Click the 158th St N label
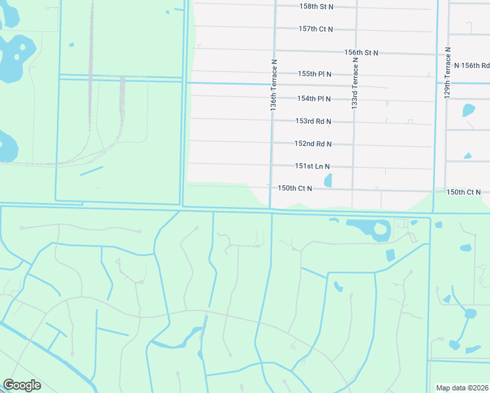316,6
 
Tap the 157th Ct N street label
316,29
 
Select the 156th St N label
361,52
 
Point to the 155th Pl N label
314,74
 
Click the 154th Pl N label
314,98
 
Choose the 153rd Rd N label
313,121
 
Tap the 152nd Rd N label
313,143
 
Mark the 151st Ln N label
312,166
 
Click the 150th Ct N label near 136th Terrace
295,188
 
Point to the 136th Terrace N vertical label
274,85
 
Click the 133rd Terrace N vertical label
355,83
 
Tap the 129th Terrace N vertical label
449,72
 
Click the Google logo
22,385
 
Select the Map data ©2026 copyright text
462,388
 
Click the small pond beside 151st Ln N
328,179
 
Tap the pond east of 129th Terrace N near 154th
468,110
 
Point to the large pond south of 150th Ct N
370,228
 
